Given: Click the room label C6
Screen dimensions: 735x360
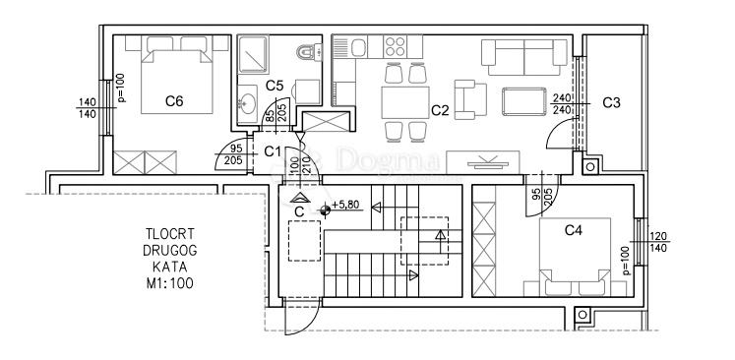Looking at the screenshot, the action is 174,100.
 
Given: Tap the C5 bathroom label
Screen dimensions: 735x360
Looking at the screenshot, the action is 275,86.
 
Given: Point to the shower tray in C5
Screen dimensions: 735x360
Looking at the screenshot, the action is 253,54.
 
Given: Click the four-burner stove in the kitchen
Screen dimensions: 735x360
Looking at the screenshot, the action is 395,46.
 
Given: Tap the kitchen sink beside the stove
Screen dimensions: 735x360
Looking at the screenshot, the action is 358,47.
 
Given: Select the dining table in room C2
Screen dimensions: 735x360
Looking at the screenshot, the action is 405,102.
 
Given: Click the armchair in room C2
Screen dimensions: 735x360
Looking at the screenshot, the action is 470,99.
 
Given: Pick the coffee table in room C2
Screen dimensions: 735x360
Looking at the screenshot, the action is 524,101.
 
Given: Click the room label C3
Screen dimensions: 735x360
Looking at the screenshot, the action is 611,102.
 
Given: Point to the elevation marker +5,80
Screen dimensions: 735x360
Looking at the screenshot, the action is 345,205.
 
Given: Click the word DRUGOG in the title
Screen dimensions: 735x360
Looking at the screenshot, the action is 170,250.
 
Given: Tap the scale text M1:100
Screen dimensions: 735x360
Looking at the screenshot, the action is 169,283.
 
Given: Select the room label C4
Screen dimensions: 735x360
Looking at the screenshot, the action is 574,230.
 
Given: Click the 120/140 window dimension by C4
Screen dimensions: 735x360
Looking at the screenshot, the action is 658,242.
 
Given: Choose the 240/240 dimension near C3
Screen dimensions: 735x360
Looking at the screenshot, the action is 562,103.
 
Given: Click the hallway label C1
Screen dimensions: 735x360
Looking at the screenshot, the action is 273,151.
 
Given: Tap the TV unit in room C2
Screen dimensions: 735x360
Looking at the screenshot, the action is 483,162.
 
